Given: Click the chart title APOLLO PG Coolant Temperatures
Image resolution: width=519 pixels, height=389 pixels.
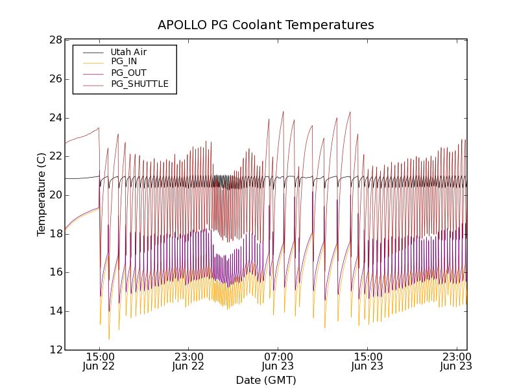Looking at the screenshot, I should point(266,25).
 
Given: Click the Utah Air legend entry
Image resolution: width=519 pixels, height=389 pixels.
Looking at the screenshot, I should point(128,52).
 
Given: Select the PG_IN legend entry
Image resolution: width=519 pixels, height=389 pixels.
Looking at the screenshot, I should point(124,62).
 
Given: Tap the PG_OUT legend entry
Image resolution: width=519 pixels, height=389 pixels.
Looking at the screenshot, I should point(128,73).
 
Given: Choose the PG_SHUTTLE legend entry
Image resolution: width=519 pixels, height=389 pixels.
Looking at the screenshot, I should point(139,84).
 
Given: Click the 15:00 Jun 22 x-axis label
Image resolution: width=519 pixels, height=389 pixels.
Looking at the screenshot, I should point(99,361).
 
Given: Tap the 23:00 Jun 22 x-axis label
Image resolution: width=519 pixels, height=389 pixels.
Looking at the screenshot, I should point(189,361).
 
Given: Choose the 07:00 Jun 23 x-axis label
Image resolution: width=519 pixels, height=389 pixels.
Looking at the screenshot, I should point(278,361).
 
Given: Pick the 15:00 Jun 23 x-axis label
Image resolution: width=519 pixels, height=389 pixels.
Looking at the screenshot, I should point(367,361).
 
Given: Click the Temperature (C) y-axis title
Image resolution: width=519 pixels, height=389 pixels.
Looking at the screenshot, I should point(42,194).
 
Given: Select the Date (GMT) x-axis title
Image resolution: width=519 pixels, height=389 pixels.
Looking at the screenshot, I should point(266,380).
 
